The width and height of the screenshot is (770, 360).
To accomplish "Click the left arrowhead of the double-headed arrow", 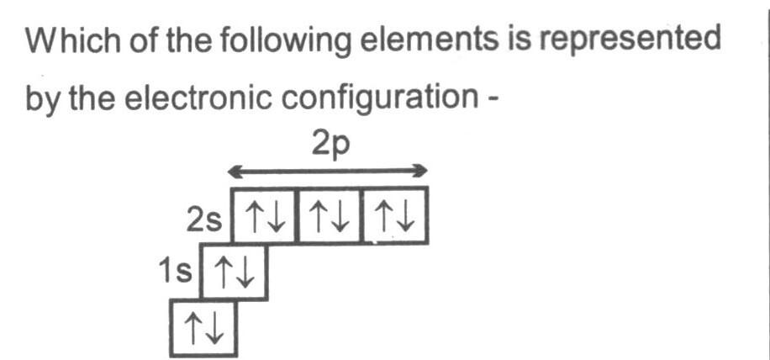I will [x=235, y=172].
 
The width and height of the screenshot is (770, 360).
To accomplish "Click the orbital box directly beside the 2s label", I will [x=263, y=215].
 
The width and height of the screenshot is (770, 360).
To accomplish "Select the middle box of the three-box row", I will [x=330, y=215].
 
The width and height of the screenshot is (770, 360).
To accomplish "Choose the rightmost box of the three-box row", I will [x=395, y=215].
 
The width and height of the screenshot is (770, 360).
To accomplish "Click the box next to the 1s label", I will [x=235, y=272].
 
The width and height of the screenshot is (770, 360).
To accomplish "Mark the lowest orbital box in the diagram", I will [x=203, y=328].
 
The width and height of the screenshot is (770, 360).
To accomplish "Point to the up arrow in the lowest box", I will [x=192, y=328].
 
